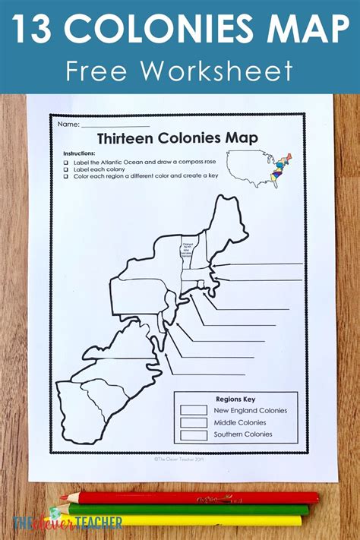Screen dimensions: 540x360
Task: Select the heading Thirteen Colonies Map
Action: [x=177, y=138]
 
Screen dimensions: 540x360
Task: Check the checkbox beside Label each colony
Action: [x=67, y=169]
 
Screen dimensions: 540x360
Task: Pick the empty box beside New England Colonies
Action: [x=194, y=410]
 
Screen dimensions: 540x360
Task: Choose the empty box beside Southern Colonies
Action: [x=194, y=434]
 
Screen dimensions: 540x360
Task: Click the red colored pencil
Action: [x=190, y=497]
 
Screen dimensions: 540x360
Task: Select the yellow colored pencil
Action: [x=190, y=521]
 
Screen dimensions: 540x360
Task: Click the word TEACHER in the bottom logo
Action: [x=66, y=523]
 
